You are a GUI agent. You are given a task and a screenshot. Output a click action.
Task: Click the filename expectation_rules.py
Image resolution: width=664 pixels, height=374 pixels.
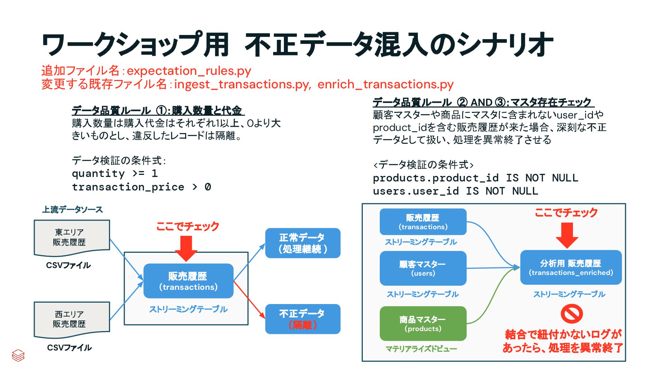pos(189,71)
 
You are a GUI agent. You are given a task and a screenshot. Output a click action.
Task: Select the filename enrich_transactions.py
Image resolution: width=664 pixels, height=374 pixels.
pos(385,84)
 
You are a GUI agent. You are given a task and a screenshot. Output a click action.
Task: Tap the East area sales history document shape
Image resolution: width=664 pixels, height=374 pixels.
pos(72,237)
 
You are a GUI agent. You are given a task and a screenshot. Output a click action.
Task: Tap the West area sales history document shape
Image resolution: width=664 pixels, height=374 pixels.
pos(72,319)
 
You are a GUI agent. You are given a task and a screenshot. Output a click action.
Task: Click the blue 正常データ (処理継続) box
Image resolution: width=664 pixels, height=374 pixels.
pos(303,243)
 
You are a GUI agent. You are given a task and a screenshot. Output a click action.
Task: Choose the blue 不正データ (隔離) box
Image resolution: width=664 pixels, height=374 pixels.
pos(303,319)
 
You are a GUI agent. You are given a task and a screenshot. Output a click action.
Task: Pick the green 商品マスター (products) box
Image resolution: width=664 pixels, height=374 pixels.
pos(423,323)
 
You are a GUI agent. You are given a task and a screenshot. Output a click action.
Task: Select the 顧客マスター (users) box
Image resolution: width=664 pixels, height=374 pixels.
pos(423,268)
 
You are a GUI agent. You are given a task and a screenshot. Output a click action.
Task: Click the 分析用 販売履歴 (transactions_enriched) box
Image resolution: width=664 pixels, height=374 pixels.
pos(571,267)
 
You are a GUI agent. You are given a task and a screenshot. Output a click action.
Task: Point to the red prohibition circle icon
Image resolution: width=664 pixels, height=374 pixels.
pos(572,314)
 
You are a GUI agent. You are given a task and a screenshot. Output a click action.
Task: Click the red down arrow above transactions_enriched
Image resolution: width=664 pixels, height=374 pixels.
pos(567,235)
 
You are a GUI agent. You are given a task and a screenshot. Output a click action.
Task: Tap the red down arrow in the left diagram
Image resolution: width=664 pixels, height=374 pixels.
pos(186,248)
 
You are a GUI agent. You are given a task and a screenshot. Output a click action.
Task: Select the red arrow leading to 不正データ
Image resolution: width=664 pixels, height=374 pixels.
pos(249,299)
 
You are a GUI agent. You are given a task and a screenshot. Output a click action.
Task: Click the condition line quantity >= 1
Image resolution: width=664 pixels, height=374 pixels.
pos(115,173)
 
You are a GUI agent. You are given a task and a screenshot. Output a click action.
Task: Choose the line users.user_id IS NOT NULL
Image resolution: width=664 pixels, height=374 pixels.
pos(455,191)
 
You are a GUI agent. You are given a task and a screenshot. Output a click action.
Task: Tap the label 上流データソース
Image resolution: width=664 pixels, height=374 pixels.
pos(72,210)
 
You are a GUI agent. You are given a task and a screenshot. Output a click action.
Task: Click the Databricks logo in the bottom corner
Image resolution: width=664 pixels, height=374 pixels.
pos(18,355)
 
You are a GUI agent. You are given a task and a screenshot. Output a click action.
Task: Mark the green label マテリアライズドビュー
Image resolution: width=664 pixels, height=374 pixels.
pos(421,349)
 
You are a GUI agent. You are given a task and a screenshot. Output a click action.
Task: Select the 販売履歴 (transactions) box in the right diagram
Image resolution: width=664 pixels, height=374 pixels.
pos(423,222)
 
